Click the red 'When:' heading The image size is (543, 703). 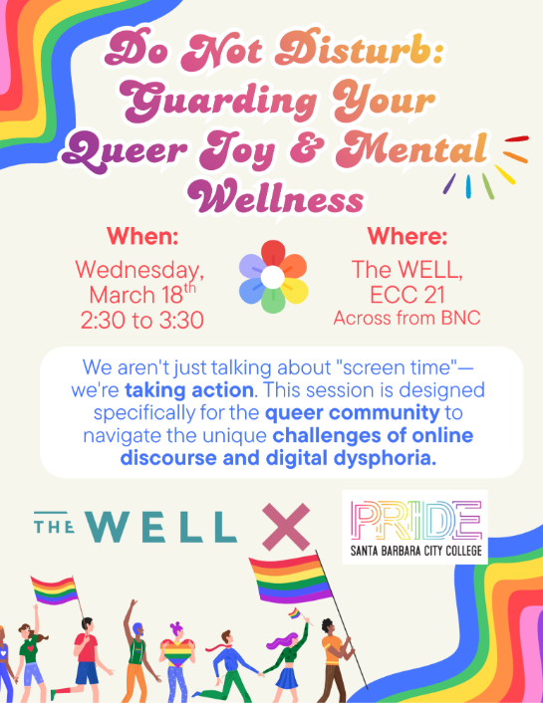click(141, 238)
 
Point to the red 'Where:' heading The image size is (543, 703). click(407, 238)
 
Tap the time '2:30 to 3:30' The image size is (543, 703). click(141, 320)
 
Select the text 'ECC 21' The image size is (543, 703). click(407, 295)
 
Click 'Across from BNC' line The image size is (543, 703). click(407, 320)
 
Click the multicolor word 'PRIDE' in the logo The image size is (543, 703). click(415, 519)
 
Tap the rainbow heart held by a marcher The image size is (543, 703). click(175, 653)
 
